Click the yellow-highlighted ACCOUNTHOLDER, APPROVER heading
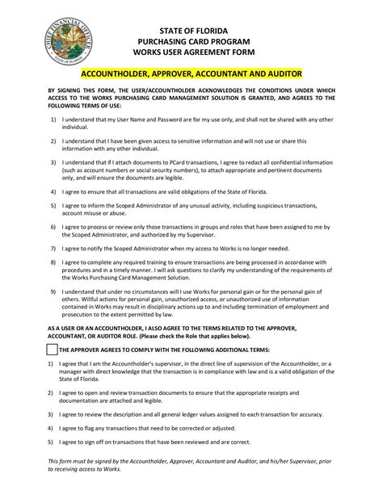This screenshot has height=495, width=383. tap(191, 72)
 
